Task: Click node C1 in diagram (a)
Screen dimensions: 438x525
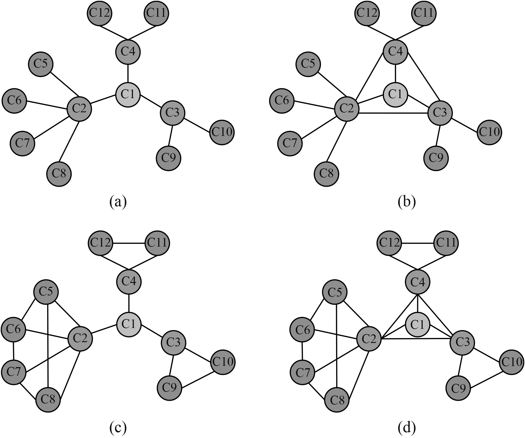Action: click(x=128, y=95)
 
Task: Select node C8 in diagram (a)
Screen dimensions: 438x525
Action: click(x=59, y=174)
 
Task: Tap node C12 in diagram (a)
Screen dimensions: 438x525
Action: click(x=99, y=13)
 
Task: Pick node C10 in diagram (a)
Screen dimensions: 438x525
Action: click(x=222, y=132)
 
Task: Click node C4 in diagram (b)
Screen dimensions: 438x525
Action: click(x=395, y=52)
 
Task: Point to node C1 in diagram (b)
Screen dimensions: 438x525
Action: click(x=395, y=95)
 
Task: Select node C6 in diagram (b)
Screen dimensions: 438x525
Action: click(x=282, y=100)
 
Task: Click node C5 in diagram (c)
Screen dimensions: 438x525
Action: click(x=46, y=292)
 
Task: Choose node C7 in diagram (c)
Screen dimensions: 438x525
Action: click(x=14, y=372)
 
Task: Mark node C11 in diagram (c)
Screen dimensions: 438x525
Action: click(x=157, y=243)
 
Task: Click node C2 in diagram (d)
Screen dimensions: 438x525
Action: click(x=369, y=339)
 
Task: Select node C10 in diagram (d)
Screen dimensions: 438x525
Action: click(x=511, y=362)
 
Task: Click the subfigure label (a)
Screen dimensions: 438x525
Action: click(x=118, y=201)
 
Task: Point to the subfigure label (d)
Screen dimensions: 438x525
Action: click(x=407, y=428)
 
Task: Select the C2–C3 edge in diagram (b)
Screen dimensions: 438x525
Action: click(x=393, y=113)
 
